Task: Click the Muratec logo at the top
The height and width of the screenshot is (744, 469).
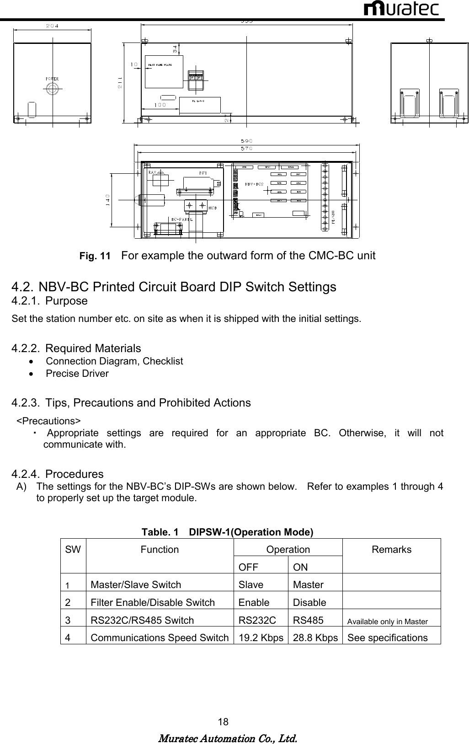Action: [401, 9]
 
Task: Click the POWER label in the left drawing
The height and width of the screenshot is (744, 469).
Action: [52, 79]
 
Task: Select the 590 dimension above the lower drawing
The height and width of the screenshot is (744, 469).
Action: [246, 141]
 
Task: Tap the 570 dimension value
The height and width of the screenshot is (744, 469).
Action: [246, 148]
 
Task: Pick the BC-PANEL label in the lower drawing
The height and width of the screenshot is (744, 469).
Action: [181, 219]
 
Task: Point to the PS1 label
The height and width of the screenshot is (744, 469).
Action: [202, 173]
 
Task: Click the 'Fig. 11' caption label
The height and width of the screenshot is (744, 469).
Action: [95, 256]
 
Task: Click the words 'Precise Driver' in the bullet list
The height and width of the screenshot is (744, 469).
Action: [77, 374]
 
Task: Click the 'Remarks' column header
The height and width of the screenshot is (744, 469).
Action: [391, 550]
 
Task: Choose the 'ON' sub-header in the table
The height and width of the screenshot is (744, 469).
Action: [300, 567]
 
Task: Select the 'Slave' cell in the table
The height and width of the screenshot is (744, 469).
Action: [250, 585]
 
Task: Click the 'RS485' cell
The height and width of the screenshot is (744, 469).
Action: [308, 621]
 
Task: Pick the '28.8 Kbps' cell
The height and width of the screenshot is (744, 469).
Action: [315, 638]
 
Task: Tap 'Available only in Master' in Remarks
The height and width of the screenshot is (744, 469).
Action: [388, 621]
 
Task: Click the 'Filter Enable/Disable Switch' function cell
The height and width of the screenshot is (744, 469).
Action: [153, 603]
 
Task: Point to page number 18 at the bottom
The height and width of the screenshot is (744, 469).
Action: [223, 722]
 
